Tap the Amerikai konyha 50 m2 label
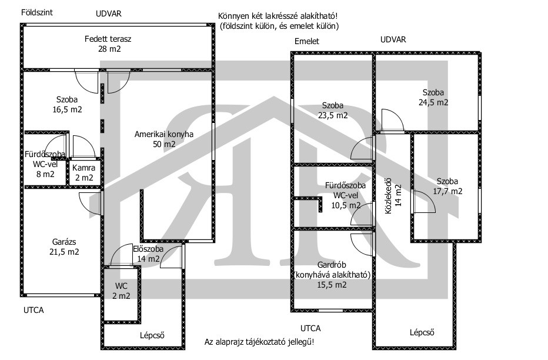coord(164,139)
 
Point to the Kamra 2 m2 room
coord(83,173)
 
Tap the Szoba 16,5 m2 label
coord(69,104)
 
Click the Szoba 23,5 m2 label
coord(332,110)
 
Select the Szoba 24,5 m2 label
coord(433,97)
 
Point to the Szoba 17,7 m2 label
coord(447,186)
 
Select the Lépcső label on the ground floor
coord(152,336)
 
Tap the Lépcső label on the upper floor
coord(422,332)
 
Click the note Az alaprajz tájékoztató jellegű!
coord(259,342)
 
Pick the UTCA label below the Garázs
coord(34,310)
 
